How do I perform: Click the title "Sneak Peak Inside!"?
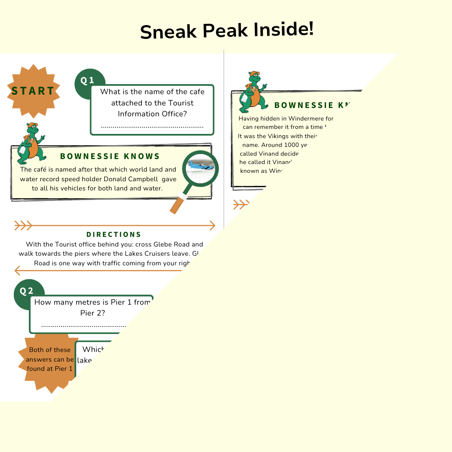226,31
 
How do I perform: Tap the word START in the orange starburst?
33,91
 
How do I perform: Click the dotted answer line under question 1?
152,126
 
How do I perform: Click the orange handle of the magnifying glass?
177,204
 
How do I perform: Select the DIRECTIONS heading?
114,235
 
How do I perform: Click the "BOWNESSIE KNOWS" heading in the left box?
110,157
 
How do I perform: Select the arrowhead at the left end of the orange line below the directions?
18,270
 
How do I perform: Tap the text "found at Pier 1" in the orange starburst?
50,369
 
